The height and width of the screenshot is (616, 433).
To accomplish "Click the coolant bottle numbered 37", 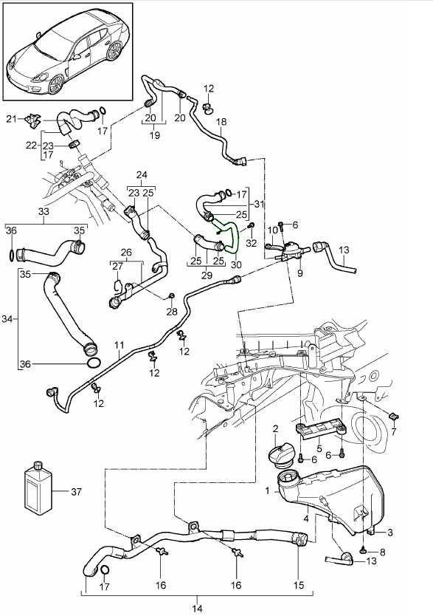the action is coord(38,488).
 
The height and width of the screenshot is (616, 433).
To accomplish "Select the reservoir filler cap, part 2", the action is coord(280,456).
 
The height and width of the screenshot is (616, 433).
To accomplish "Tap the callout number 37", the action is coord(76,491).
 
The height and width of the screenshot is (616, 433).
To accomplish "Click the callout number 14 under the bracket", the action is coord(197,609).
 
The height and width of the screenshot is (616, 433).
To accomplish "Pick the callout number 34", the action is coord(7,319).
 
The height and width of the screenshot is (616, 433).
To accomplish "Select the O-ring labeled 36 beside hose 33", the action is coord(12,255).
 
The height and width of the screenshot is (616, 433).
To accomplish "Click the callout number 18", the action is coord(221,122).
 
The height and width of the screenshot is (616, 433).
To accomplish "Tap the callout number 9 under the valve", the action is coord(300,273).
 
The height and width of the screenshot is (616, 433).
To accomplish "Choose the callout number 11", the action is coord(119,345).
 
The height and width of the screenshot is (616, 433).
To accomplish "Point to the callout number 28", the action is coord(172,312).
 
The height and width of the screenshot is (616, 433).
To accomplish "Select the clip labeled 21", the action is coord(33,120).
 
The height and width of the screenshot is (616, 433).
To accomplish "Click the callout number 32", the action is coord(251,243).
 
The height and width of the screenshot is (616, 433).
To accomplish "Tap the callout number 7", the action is coord(393,432).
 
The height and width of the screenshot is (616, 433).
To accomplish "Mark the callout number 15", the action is coord(299,586).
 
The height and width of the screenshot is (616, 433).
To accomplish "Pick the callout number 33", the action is coord(44,211).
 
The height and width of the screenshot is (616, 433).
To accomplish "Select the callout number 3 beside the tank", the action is coord(389,533).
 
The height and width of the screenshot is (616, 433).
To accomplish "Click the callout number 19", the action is coord(154,135).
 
